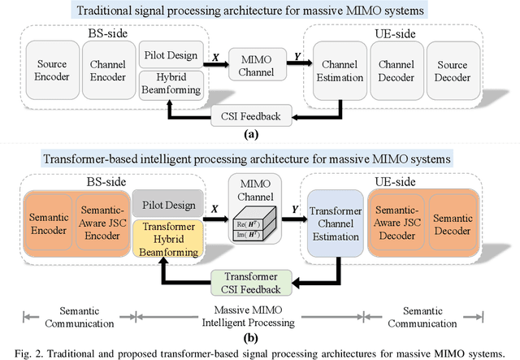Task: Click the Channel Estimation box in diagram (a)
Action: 336,69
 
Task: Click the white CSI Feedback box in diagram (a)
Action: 246,116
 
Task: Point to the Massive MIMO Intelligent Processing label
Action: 254,316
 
